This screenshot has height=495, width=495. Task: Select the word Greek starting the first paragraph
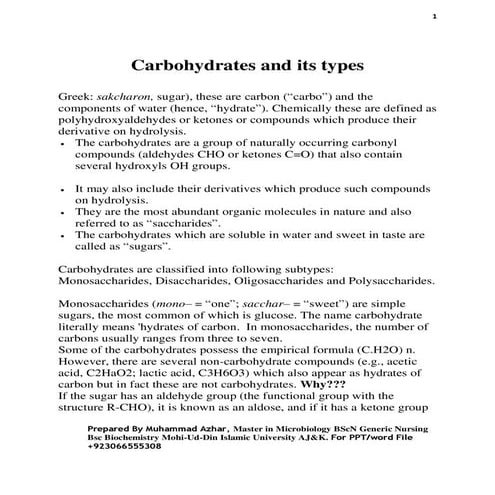pos(79,97)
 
